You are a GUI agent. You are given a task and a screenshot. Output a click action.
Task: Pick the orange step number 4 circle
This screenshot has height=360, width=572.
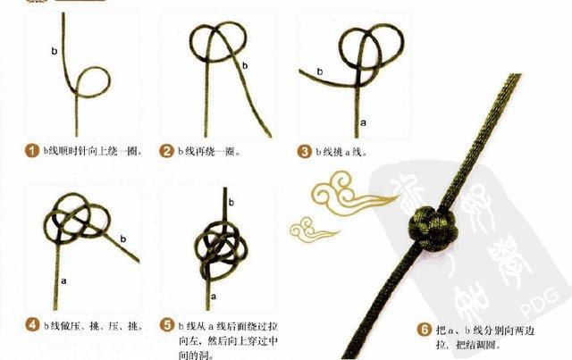(x=31, y=322)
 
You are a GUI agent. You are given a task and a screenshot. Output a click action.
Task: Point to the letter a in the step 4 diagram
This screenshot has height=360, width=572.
(x=64, y=280)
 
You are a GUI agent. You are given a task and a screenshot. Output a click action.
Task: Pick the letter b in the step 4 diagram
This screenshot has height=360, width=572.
(x=122, y=238)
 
